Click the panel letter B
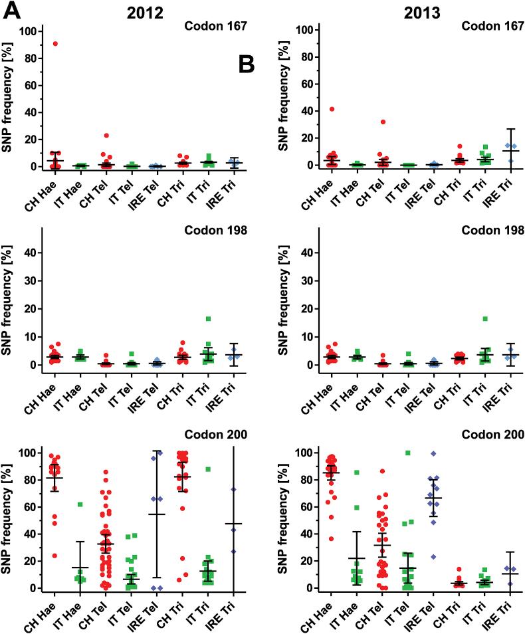247,64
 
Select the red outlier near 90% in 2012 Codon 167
55,44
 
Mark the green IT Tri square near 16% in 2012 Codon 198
208,319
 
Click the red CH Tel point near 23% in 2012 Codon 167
106,136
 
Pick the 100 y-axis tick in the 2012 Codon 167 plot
27,31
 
